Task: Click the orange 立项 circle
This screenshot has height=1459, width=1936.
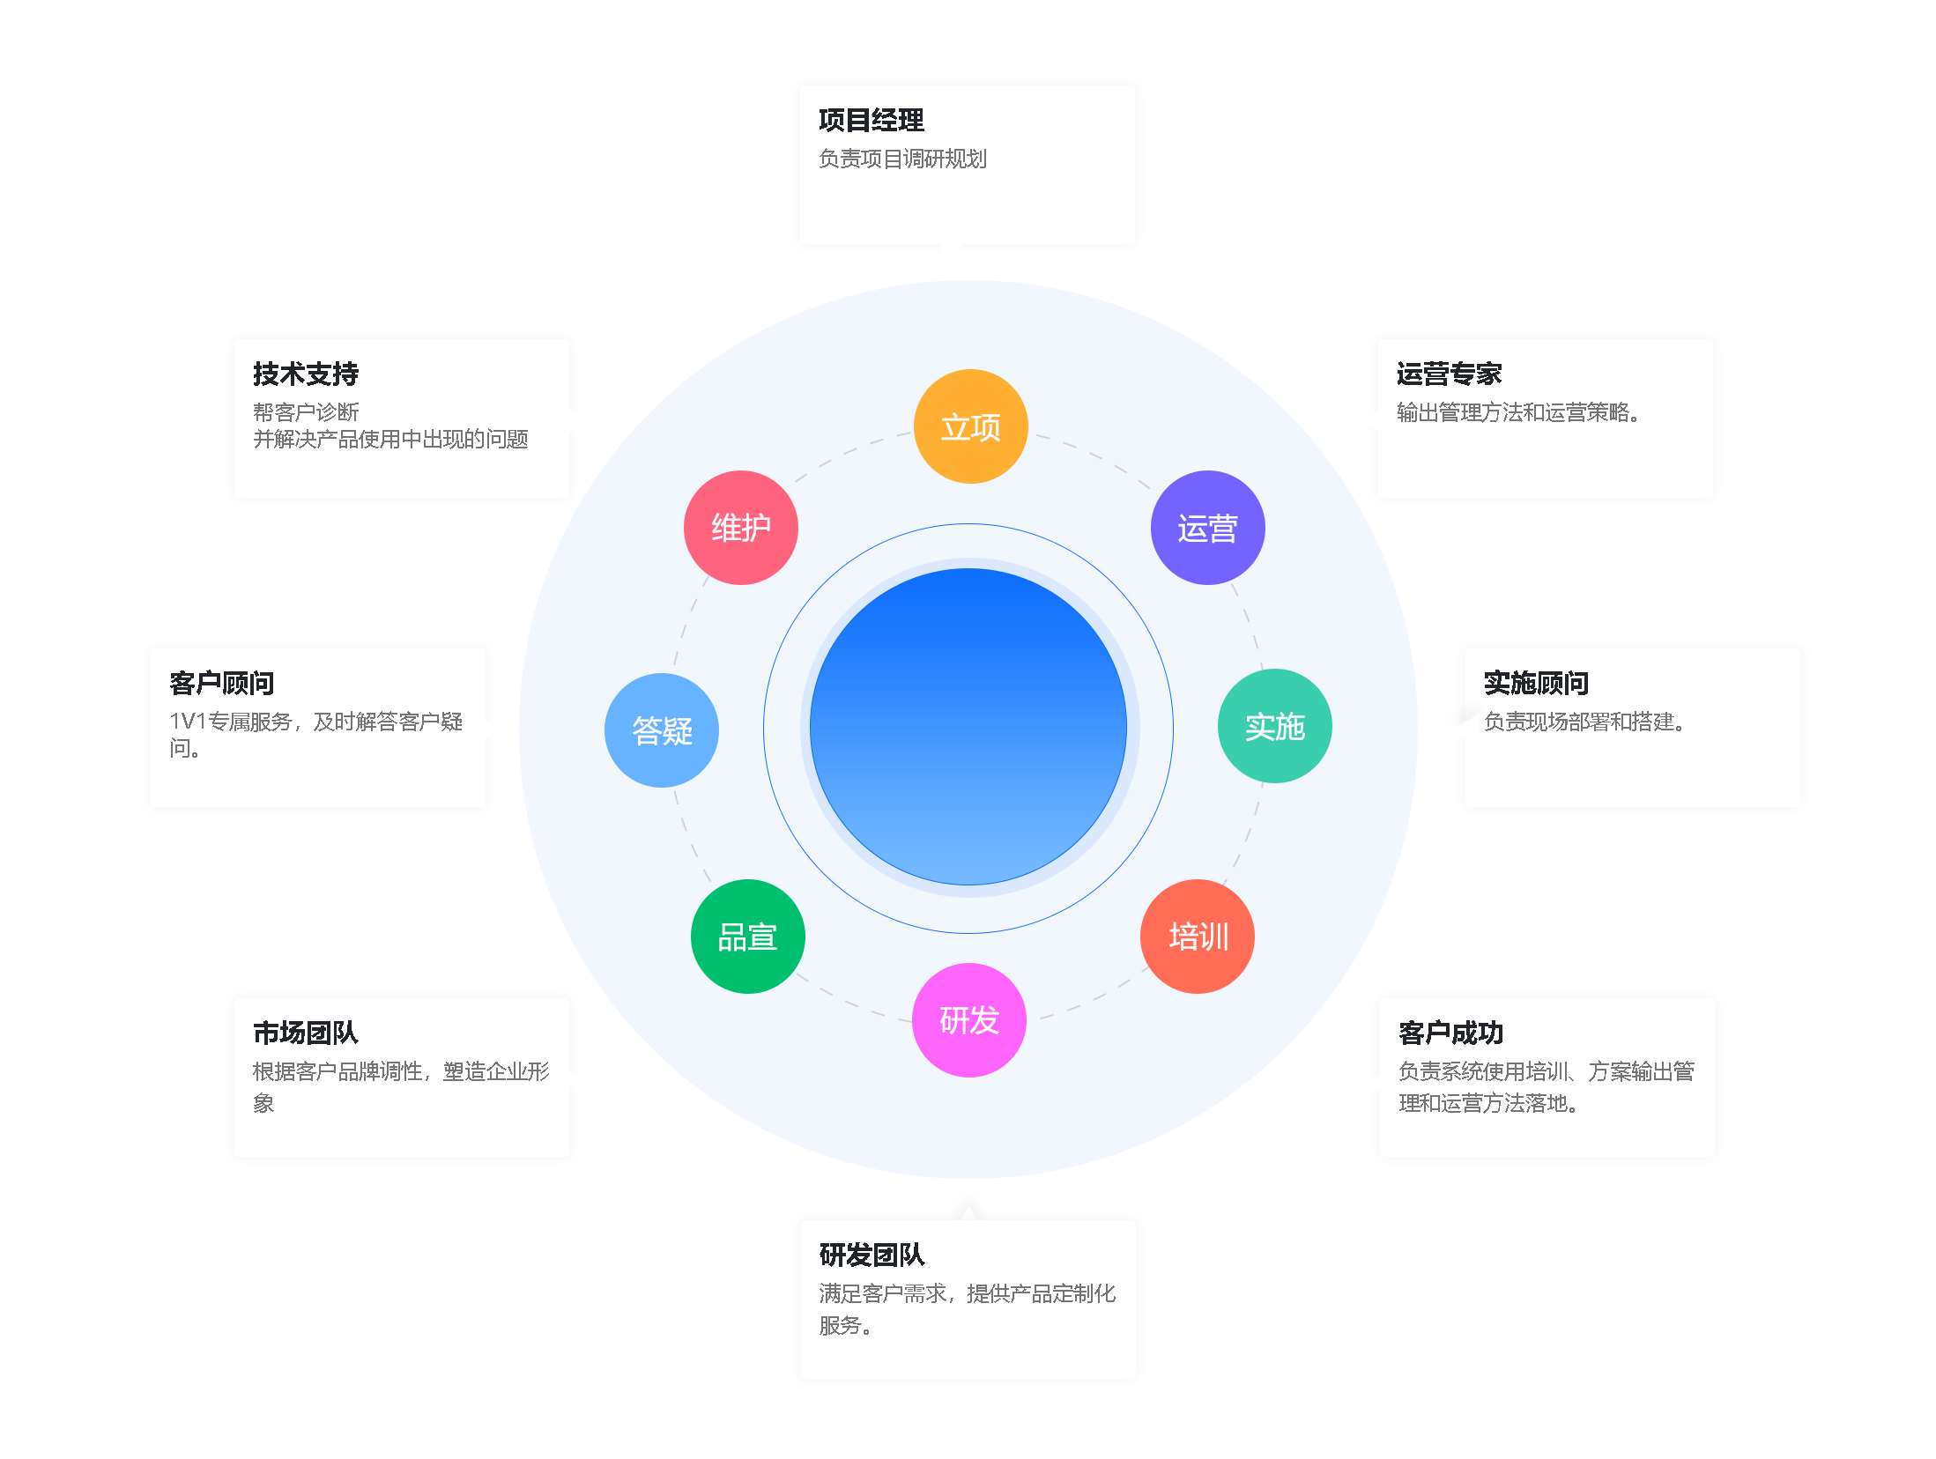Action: click(x=970, y=426)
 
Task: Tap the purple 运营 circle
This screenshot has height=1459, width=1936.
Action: click(x=1207, y=528)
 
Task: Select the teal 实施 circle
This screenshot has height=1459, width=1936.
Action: click(x=1274, y=726)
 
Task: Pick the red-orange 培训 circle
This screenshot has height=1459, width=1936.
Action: click(x=1198, y=936)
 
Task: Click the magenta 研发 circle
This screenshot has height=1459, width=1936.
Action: click(x=969, y=1020)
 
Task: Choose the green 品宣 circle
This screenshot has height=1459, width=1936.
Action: click(x=747, y=936)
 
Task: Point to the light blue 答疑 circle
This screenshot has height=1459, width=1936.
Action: click(x=662, y=730)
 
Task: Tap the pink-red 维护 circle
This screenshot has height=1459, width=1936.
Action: click(x=741, y=528)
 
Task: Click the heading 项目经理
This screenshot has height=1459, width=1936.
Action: click(x=871, y=120)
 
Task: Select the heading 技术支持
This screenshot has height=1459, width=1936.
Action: click(x=306, y=374)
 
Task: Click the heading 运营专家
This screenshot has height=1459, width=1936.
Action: click(x=1449, y=374)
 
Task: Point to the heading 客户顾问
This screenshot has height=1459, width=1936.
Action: click(x=221, y=683)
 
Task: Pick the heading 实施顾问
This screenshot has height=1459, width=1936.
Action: click(x=1536, y=683)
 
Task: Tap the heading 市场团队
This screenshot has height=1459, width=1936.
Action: click(x=305, y=1033)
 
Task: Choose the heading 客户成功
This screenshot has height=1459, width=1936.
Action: click(x=1450, y=1033)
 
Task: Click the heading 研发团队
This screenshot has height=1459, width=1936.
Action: click(x=872, y=1255)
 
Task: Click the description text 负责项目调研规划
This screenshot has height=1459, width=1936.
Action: click(x=902, y=159)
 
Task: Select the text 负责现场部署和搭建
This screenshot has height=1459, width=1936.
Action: click(x=1584, y=722)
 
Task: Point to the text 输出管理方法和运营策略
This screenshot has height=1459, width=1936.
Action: click(x=1517, y=412)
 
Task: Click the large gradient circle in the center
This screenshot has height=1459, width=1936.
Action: click(x=968, y=728)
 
